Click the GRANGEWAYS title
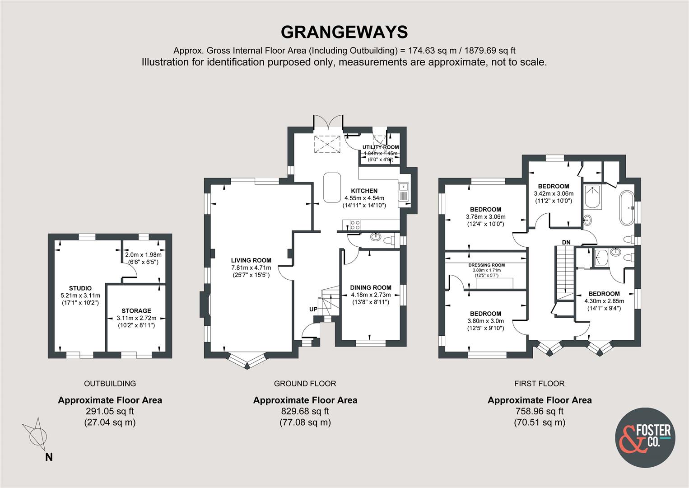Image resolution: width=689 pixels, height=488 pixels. [344, 32]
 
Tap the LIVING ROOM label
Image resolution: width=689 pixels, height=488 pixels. [251, 260]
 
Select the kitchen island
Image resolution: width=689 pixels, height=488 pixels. [332, 187]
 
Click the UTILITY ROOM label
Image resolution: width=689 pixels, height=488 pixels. [381, 147]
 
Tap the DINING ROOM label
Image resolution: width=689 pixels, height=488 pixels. [371, 287]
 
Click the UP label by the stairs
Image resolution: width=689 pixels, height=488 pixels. [313, 309]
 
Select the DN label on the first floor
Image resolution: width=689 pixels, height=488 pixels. [566, 242]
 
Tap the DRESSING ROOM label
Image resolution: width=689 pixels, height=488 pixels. [487, 265]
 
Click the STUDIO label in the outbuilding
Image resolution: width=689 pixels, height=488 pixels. [80, 288]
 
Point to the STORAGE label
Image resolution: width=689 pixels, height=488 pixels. [136, 311]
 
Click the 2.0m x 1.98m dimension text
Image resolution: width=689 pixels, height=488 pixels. [143, 255]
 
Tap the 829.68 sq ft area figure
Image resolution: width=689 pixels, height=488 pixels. [305, 411]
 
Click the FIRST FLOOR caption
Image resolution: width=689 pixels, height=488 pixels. [540, 383]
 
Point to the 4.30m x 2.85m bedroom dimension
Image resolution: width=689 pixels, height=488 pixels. [604, 301]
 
